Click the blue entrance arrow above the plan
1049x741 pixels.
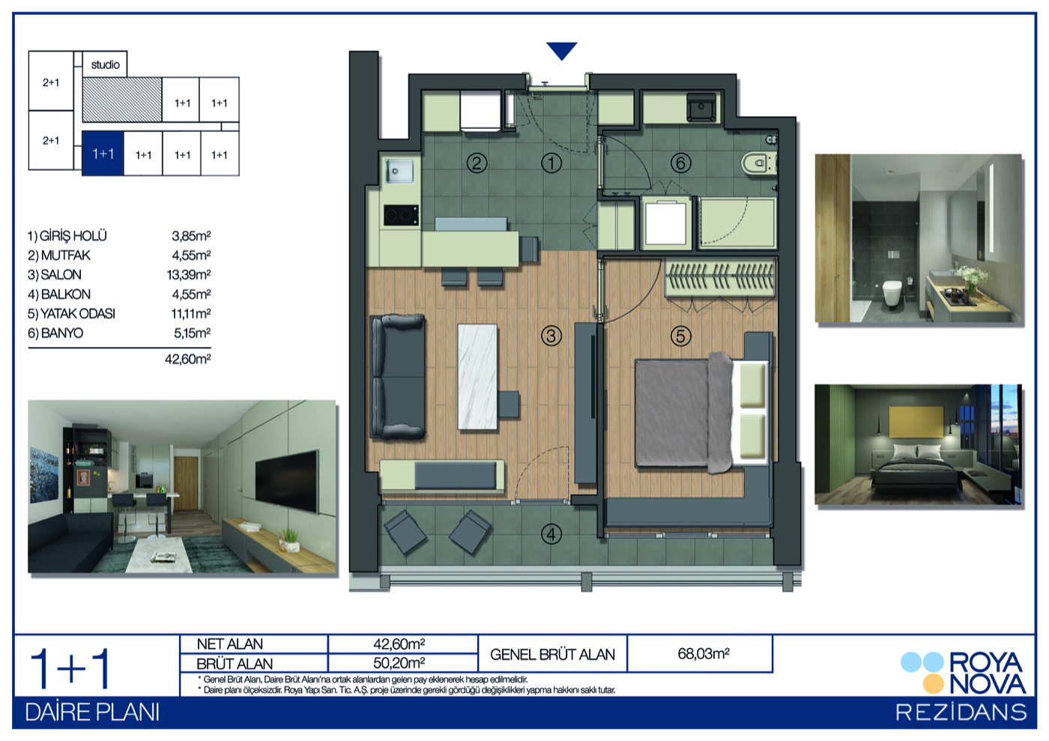tap(561, 51)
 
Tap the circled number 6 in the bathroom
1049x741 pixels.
tap(680, 163)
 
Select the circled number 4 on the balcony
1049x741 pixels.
tap(551, 534)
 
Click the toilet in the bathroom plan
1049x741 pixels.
tap(758, 163)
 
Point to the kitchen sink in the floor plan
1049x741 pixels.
tap(399, 171)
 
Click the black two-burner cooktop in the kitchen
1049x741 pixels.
tap(401, 216)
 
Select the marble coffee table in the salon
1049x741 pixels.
tap(477, 377)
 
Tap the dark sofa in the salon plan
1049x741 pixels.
tap(398, 377)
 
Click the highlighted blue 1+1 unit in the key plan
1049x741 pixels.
tap(103, 154)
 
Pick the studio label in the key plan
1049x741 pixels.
tap(106, 64)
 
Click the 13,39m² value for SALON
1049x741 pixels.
tap(189, 274)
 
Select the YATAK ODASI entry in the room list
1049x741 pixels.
tap(71, 313)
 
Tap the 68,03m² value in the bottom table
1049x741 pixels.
tap(704, 653)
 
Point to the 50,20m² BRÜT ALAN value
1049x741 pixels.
tap(399, 663)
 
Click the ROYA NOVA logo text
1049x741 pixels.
tap(988, 673)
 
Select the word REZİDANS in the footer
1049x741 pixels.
tap(961, 713)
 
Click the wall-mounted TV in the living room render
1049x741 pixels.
tap(287, 480)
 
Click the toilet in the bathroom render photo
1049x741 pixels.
tap(892, 293)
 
